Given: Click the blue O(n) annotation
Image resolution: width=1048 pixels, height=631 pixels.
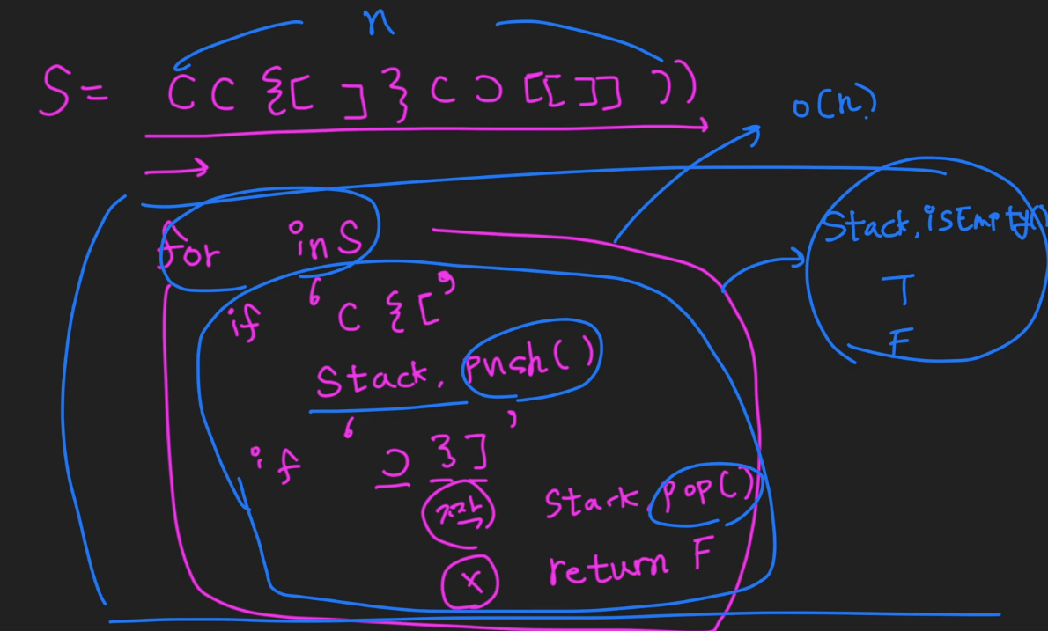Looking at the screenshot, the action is click(834, 106).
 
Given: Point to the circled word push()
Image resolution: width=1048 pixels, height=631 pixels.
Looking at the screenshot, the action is click(532, 355).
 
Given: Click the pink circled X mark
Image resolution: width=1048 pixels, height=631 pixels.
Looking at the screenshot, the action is click(470, 582).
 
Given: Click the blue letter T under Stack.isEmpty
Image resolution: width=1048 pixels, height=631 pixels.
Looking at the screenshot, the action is click(902, 288).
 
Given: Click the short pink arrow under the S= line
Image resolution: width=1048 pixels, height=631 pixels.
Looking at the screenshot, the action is click(176, 167).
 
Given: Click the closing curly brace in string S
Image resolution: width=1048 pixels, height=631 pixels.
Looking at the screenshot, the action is click(399, 96).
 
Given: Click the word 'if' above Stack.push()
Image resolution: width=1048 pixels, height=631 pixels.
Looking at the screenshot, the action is click(244, 324).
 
